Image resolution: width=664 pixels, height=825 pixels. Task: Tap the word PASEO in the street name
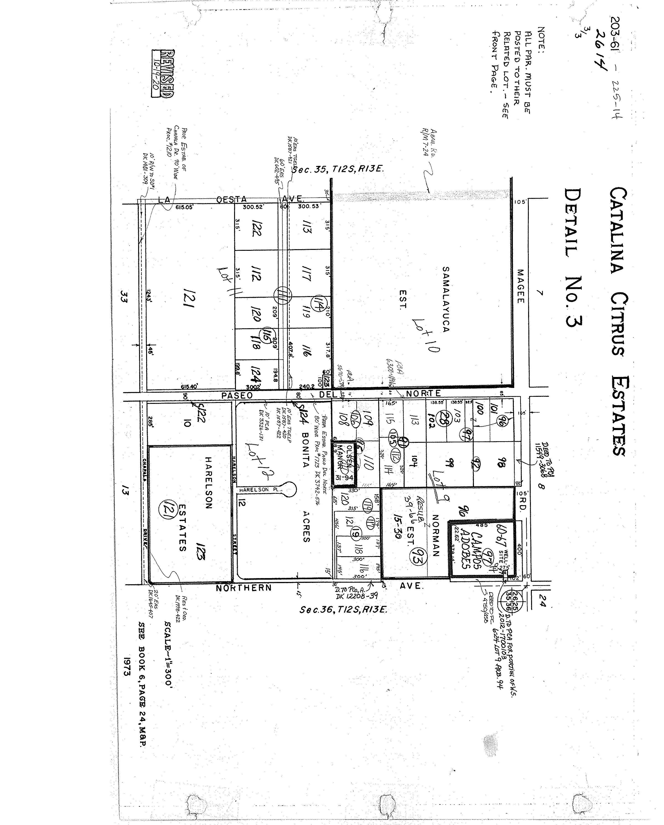click(x=237, y=395)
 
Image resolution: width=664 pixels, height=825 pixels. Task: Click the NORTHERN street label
click(x=243, y=588)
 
